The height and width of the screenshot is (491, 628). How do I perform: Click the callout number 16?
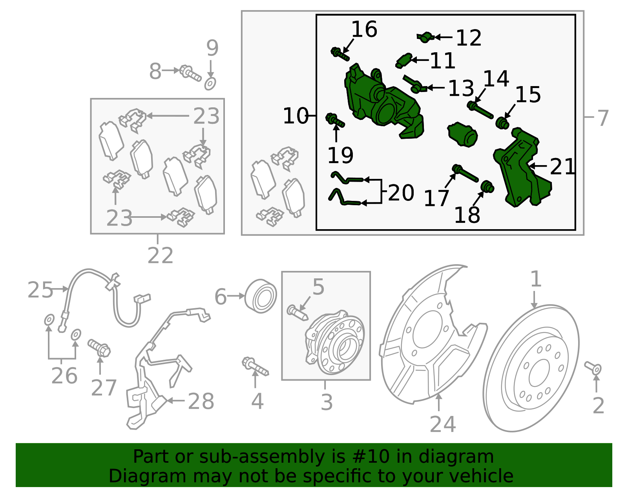pos(364,30)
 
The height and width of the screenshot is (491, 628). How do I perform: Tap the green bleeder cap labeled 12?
pos(425,37)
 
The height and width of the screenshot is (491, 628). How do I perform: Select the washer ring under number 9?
pos(210,83)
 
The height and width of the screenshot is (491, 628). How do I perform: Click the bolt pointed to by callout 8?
pos(190,73)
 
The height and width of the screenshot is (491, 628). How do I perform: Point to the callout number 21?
pos(562,167)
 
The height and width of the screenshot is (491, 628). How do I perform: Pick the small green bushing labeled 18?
pos(487,187)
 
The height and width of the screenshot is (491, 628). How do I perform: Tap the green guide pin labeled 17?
pos(465,173)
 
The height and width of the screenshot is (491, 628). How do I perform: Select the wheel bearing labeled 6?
pos(260,296)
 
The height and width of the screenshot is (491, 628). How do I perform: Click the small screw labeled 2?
pos(593,368)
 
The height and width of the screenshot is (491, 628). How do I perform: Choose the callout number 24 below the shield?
pos(442,425)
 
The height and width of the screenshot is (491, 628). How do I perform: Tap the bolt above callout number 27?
pos(100,348)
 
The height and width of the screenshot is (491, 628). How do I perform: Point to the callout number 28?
pos(201,402)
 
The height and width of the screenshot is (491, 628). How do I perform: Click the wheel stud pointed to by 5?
pos(297,313)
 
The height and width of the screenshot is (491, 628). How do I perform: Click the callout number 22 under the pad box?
pos(160,256)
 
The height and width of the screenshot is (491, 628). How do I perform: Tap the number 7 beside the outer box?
pos(602,118)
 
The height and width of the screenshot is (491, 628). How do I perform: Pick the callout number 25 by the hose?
pos(40,290)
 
